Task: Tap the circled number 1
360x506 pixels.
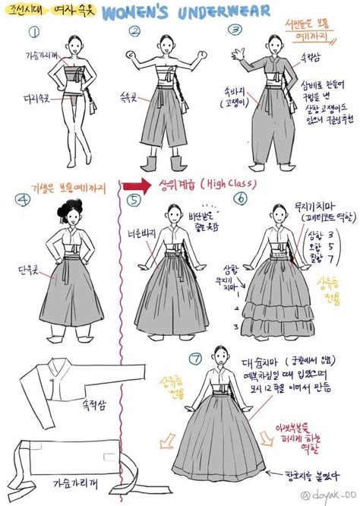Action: coord(33,33)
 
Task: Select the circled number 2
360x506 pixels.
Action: coord(135,33)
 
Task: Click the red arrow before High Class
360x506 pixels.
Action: coord(136,185)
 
